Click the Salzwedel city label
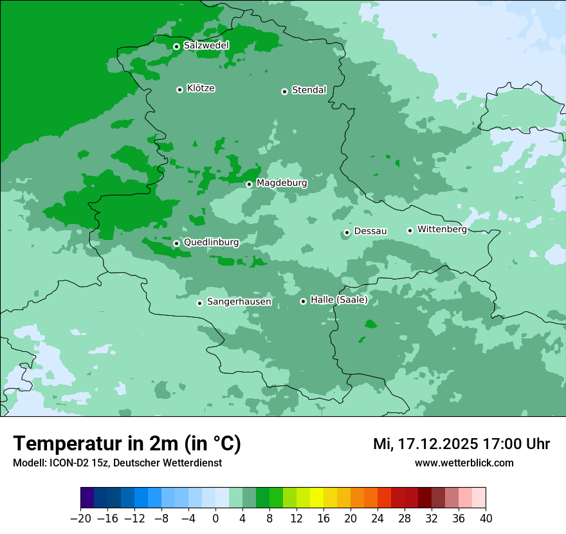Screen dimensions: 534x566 206,46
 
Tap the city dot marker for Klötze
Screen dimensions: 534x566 179,89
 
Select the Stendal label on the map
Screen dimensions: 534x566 309,90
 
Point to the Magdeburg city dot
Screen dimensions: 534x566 249,184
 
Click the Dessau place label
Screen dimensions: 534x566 370,231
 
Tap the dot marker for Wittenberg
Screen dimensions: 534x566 410,230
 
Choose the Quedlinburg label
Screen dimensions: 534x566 211,243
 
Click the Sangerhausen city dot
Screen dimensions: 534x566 199,303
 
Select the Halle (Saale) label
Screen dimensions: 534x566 339,300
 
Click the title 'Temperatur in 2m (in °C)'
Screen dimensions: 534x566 127,444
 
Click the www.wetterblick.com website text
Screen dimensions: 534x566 464,463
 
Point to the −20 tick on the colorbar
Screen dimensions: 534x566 81,519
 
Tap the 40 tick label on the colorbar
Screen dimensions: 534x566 486,519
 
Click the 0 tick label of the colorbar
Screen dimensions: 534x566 215,519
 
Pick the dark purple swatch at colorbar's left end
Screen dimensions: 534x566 87,498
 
